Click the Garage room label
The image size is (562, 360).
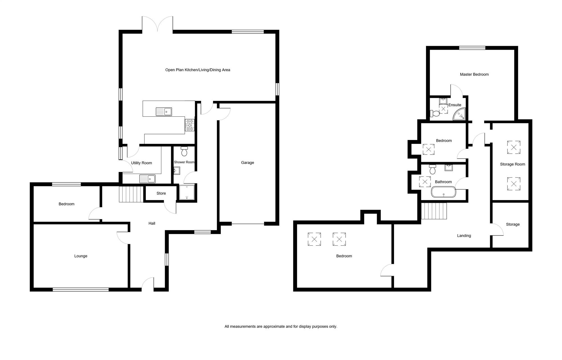[x=247, y=162]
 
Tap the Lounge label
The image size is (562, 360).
[x=81, y=256]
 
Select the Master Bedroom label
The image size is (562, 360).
[x=474, y=74]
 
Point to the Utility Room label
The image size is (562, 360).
[x=141, y=163]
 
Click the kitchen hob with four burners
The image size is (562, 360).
[x=189, y=125]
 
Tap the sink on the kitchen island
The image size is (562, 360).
[x=164, y=112]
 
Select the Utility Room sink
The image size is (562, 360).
[x=147, y=179]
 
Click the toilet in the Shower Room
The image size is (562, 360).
[x=184, y=151]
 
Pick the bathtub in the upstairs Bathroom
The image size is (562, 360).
[x=443, y=192]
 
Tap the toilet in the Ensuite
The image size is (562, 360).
[x=435, y=114]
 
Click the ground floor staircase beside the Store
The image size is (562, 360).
[x=131, y=194]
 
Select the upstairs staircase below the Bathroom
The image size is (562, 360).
[x=434, y=211]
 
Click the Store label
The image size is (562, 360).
[x=161, y=193]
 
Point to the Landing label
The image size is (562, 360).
[x=464, y=236]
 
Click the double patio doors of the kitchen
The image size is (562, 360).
[x=157, y=24]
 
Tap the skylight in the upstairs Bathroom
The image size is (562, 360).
[x=425, y=182]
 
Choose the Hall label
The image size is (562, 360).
[x=152, y=223]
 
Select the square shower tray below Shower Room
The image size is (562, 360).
[x=187, y=192]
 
